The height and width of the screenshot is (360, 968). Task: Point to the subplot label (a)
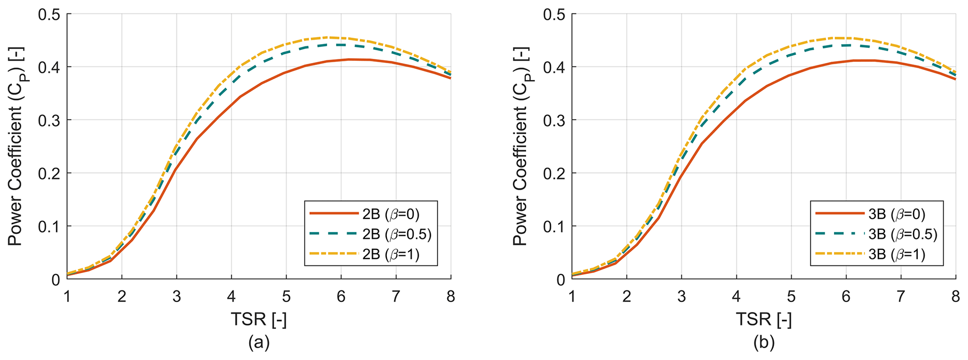click(x=259, y=343)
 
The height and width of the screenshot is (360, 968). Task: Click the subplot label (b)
click(x=764, y=343)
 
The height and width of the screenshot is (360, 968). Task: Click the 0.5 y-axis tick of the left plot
click(x=49, y=15)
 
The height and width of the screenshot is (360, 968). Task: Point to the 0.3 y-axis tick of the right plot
click(x=554, y=120)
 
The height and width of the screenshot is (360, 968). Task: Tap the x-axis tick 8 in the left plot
click(x=451, y=297)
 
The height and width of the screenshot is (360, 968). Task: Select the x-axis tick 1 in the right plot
click(x=572, y=297)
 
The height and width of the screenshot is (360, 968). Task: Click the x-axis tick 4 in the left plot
click(x=231, y=297)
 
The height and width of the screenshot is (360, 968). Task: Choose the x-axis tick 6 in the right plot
click(x=846, y=297)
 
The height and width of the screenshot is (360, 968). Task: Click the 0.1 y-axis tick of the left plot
click(x=49, y=227)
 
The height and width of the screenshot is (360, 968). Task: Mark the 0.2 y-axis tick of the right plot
click(x=554, y=174)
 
